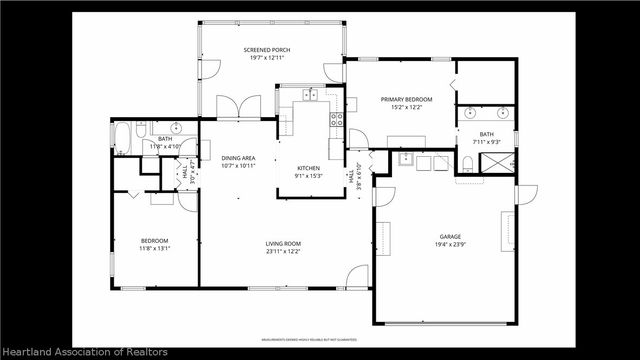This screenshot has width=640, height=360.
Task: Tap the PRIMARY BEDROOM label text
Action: (x=405, y=99)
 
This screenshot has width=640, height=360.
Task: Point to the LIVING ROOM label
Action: (x=284, y=244)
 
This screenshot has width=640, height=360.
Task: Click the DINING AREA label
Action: (x=237, y=158)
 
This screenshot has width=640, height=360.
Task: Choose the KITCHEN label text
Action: (x=308, y=168)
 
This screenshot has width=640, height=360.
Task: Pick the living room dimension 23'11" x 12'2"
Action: (x=284, y=252)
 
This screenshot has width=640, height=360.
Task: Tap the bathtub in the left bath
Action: (x=122, y=139)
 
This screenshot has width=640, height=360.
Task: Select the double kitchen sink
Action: (x=311, y=95)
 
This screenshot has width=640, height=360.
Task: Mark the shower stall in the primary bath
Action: (x=506, y=162)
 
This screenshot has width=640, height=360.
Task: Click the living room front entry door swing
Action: (x=357, y=276)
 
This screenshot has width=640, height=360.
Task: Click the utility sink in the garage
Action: (x=406, y=158)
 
